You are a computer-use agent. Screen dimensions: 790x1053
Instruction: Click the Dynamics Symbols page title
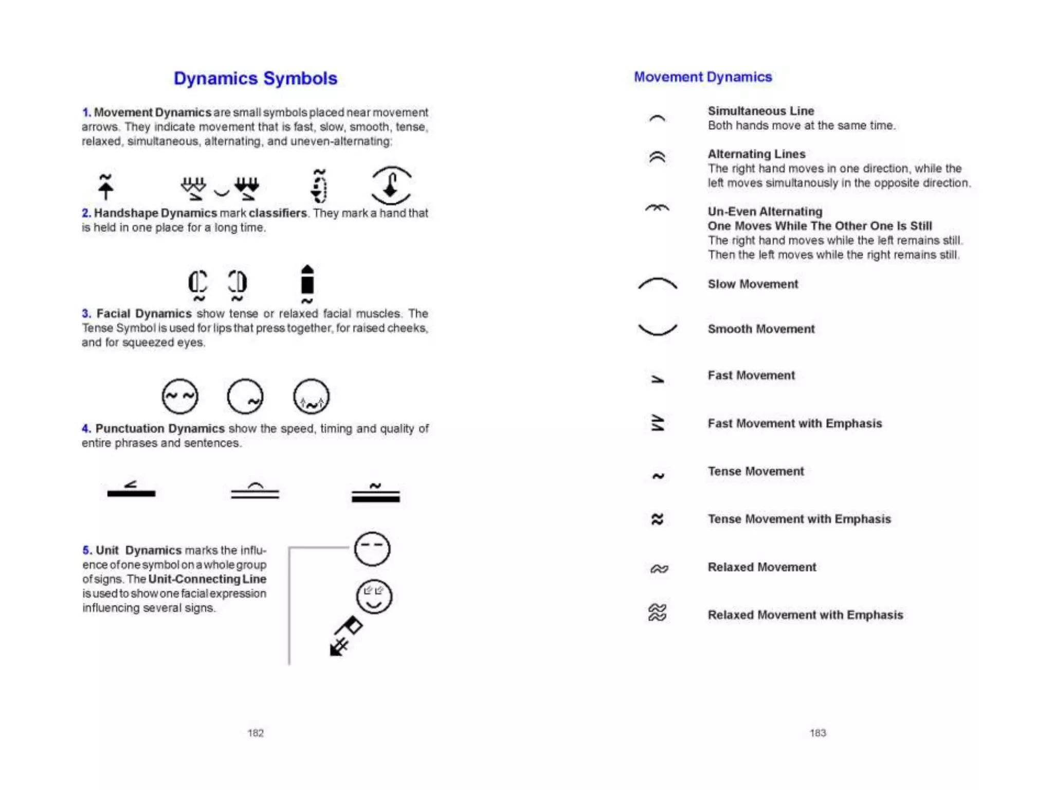coord(255,78)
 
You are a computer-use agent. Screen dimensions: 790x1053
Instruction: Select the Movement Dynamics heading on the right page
coord(702,77)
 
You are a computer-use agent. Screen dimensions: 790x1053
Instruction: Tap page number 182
coord(255,733)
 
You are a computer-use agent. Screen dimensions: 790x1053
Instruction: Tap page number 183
coord(818,733)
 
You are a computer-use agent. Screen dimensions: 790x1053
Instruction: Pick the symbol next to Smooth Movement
coord(657,329)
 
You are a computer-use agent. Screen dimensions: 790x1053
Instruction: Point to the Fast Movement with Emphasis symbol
coord(658,423)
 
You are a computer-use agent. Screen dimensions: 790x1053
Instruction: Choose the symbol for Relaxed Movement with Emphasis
coord(658,613)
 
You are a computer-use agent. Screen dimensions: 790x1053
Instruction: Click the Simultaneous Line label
coord(760,111)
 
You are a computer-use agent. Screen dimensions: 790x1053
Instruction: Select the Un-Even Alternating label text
coord(765,211)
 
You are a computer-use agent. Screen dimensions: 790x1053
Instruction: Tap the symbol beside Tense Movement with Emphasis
coord(657,519)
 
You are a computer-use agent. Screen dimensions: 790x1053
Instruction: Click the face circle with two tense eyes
coord(179,397)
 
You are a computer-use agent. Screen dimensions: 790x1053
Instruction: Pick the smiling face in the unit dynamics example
coord(374,597)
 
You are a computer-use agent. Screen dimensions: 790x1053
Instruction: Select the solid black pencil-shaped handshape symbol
coord(307,281)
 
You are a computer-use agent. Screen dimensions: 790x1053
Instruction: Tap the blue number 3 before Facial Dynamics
coord(86,313)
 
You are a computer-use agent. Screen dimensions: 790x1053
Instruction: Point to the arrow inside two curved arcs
coord(391,185)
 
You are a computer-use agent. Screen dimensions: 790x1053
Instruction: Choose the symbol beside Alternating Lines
coord(657,157)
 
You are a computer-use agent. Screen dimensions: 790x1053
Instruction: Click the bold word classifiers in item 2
coord(278,213)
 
